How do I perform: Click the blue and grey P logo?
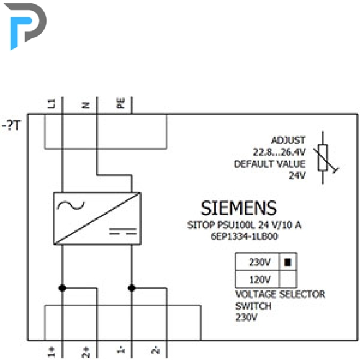tap(25, 25)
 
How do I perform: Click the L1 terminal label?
tap(51, 104)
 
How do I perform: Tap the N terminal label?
tap(86, 105)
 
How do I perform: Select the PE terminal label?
tap(120, 103)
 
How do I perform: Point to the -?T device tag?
tap(11, 125)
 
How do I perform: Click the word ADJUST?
tap(289, 140)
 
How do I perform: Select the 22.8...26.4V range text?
tap(279, 152)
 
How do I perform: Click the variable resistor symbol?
tap(324, 158)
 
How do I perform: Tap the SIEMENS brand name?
tap(239, 208)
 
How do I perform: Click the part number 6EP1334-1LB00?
tap(245, 236)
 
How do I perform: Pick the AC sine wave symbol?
tap(71, 205)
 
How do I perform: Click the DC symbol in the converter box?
tap(123, 232)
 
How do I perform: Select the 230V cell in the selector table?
tap(258, 262)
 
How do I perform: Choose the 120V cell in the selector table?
tap(258, 279)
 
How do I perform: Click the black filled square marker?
tap(287, 262)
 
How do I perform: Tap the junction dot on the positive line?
tap(63, 288)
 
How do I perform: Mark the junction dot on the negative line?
tap(132, 288)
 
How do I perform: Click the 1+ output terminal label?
tap(51, 352)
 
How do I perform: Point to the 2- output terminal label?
tap(155, 349)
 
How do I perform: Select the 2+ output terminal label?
tap(86, 352)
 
